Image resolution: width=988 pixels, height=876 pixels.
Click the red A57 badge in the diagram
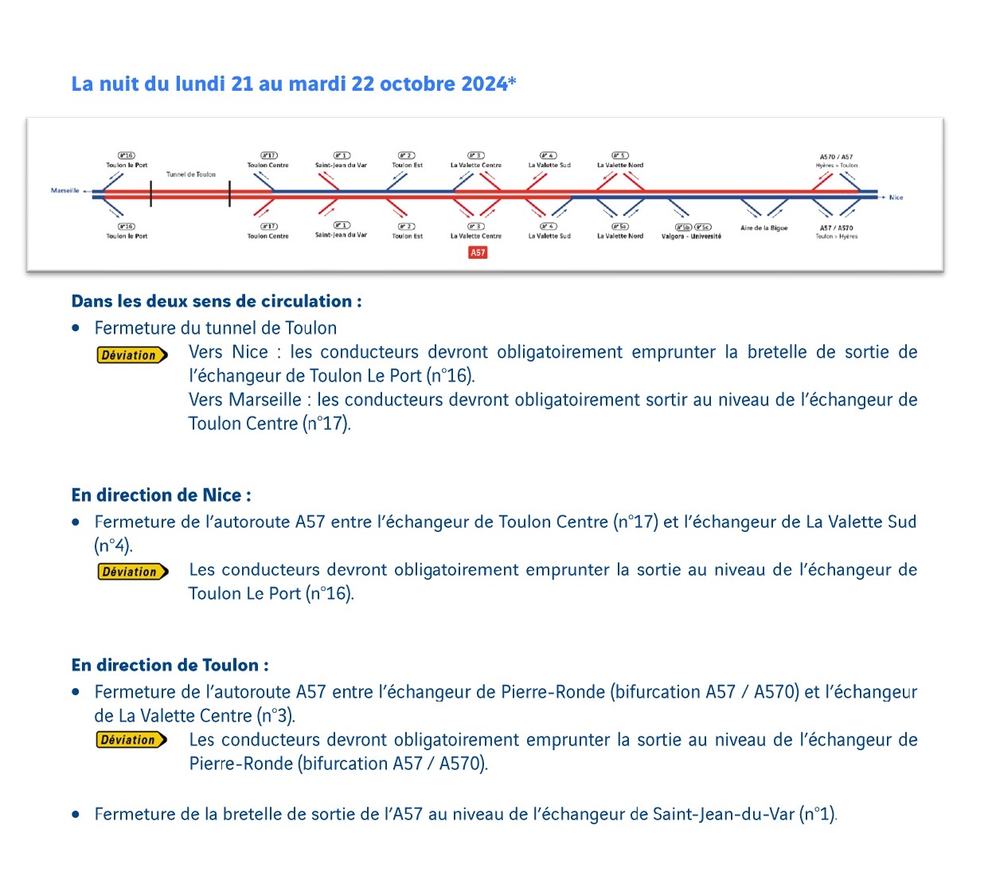(x=478, y=252)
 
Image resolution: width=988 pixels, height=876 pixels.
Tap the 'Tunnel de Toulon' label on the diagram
(x=191, y=174)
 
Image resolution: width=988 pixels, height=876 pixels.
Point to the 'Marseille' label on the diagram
(x=65, y=191)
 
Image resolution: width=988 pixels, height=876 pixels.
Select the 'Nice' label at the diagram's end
(x=896, y=197)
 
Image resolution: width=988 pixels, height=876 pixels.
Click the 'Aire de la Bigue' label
(x=763, y=228)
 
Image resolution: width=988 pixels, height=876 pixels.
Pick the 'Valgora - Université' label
(x=691, y=237)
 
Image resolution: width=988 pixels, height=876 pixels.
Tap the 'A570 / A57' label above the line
(x=836, y=157)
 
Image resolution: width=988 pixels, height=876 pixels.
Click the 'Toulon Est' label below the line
(x=407, y=236)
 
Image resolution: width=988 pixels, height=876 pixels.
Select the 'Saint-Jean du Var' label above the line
(x=341, y=166)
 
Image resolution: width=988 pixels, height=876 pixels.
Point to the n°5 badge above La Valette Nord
(x=620, y=155)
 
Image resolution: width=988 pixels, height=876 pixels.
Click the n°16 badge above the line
(x=127, y=155)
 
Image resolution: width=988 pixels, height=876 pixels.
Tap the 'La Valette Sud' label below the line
(x=549, y=236)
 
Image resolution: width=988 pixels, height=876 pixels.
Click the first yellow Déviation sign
(x=132, y=355)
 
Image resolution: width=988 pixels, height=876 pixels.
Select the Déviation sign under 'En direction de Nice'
(x=133, y=572)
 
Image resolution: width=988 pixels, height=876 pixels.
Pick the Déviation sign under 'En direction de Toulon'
(x=132, y=740)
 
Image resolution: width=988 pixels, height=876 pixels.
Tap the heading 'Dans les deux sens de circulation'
(x=217, y=301)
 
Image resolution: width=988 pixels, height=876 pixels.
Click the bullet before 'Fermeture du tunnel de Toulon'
(x=76, y=327)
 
